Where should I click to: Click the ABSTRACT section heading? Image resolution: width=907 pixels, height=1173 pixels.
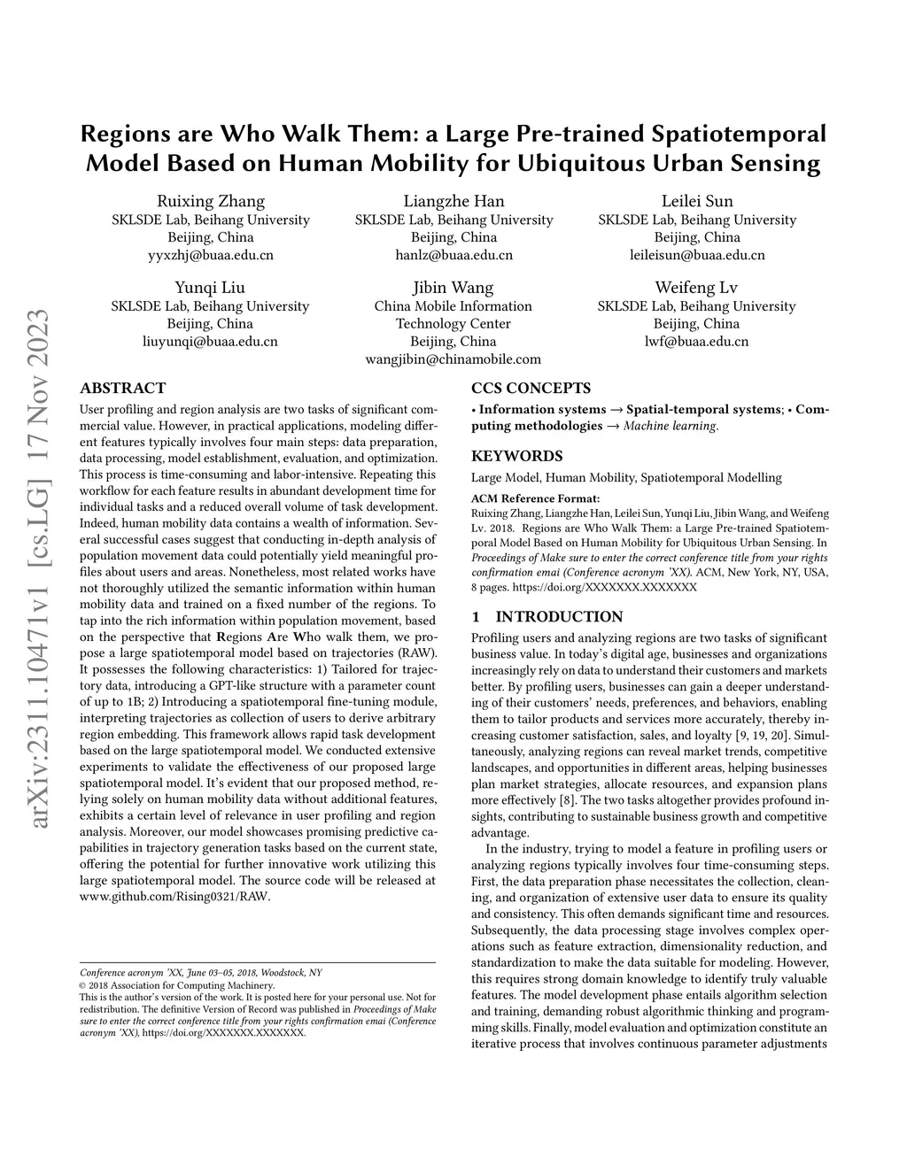(123, 388)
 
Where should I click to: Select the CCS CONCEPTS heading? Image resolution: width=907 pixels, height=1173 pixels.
(531, 388)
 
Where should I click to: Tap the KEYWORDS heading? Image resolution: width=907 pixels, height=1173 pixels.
(516, 456)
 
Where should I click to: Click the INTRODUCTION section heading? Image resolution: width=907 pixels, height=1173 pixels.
(559, 617)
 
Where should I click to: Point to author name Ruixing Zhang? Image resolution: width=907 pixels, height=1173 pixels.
(211, 201)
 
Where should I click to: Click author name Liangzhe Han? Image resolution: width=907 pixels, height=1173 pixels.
(453, 201)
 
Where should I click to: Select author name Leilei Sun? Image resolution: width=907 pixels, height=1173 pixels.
(697, 201)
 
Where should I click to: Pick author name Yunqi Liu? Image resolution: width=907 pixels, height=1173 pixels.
(210, 288)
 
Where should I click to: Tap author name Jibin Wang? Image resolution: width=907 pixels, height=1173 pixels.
(453, 288)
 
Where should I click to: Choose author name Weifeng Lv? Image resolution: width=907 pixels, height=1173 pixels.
(696, 288)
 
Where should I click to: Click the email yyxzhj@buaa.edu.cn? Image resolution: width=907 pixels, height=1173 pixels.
(211, 255)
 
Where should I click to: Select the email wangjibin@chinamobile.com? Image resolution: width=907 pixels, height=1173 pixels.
(453, 359)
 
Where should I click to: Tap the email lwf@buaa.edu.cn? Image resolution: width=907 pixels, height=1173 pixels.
(696, 341)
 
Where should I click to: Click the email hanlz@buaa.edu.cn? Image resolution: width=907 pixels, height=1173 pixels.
(453, 255)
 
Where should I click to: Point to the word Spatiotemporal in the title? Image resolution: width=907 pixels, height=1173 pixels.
(739, 135)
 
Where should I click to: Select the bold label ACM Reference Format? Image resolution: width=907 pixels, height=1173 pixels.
(535, 498)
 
